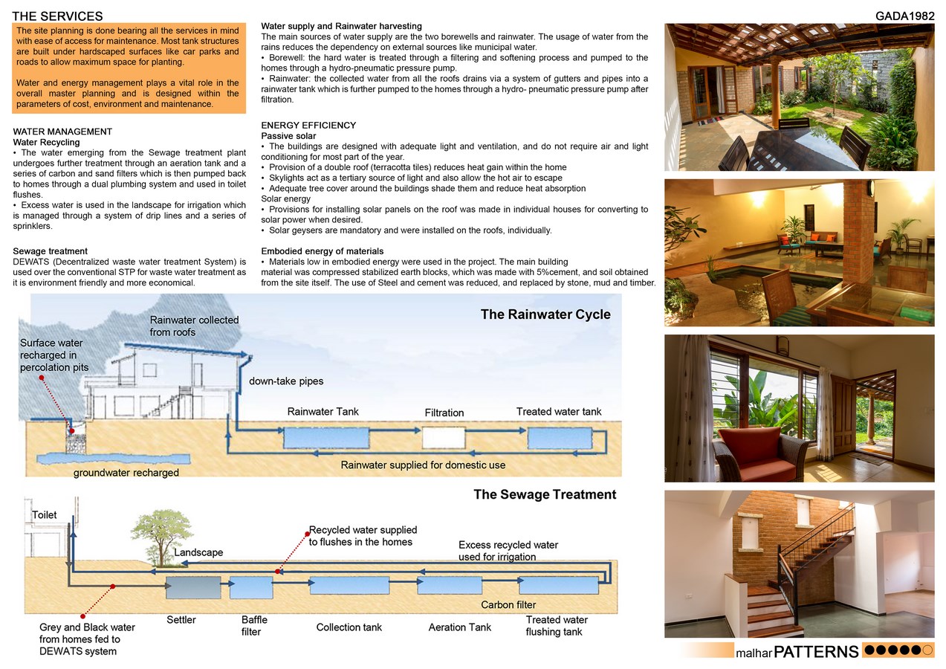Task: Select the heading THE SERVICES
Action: click(x=57, y=16)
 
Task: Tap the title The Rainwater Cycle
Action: click(x=545, y=314)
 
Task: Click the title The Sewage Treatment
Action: click(x=545, y=494)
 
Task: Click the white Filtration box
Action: click(x=444, y=437)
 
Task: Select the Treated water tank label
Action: click(x=559, y=412)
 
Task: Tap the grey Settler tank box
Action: click(x=193, y=587)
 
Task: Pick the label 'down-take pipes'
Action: click(x=286, y=381)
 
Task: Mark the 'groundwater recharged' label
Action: click(x=126, y=473)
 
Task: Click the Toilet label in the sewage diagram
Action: click(x=45, y=515)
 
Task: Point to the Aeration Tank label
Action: click(x=459, y=627)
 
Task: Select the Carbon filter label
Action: click(x=508, y=605)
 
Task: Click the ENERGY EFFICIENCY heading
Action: click(x=308, y=126)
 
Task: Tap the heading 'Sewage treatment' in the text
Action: click(x=51, y=251)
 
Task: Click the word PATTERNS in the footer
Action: click(x=816, y=653)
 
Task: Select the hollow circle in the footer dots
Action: click(x=927, y=650)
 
